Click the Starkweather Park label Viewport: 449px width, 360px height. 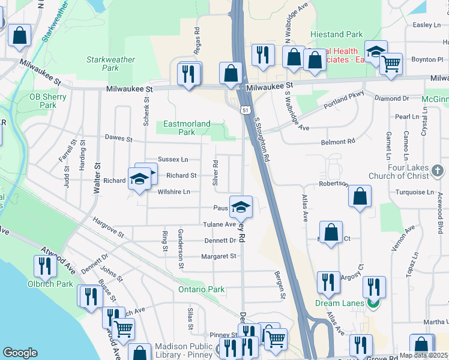pos(110,64)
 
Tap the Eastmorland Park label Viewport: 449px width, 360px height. pos(187,128)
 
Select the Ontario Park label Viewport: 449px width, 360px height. pos(201,290)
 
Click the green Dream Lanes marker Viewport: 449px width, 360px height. pos(372,304)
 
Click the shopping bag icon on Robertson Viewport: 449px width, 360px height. pos(359,196)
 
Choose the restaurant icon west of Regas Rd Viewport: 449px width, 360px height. pos(188,74)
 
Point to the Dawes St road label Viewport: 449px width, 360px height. pos(118,139)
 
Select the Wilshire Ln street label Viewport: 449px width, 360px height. pos(173,192)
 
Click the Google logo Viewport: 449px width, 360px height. pos(20,353)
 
